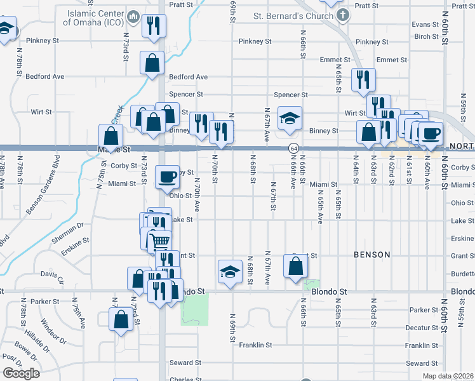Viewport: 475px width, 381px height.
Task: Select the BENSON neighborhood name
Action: tap(372, 255)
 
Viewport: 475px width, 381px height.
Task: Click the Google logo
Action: tap(20, 373)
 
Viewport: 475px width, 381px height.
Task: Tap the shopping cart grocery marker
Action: tap(159, 241)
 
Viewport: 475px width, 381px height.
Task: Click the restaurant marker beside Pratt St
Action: tap(154, 26)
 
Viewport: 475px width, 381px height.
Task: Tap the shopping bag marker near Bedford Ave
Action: tap(152, 63)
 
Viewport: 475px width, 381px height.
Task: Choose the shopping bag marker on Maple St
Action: tap(110, 136)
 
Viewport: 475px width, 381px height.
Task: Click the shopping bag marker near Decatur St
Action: tap(121, 319)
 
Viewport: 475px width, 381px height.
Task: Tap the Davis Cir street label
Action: tap(52, 277)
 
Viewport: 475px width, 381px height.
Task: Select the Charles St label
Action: tap(185, 380)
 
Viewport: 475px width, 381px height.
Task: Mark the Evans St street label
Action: tap(425, 24)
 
